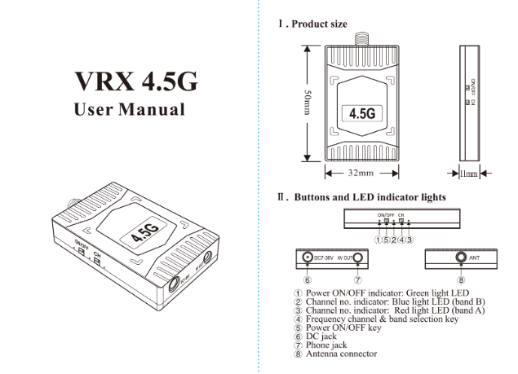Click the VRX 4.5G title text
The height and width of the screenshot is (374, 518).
[135, 81]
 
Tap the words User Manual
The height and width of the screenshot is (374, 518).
[130, 108]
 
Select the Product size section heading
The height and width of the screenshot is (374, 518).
[313, 24]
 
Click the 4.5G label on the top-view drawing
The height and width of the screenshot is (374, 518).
[361, 113]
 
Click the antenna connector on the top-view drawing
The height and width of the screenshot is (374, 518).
[361, 29]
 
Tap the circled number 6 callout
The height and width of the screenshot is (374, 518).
[307, 279]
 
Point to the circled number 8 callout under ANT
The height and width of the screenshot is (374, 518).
[461, 279]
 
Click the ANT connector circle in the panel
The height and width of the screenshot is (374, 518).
[461, 258]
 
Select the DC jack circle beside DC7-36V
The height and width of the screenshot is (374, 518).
[308, 258]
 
